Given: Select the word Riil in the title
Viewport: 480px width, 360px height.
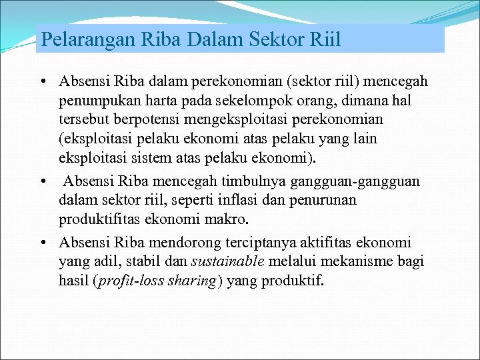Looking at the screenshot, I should (x=324, y=39).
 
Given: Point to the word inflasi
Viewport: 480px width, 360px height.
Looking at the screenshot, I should (x=203, y=200).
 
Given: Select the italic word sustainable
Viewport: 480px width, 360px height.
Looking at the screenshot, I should (x=228, y=261).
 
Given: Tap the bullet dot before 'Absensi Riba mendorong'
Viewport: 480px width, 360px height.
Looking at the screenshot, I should (x=42, y=243).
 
